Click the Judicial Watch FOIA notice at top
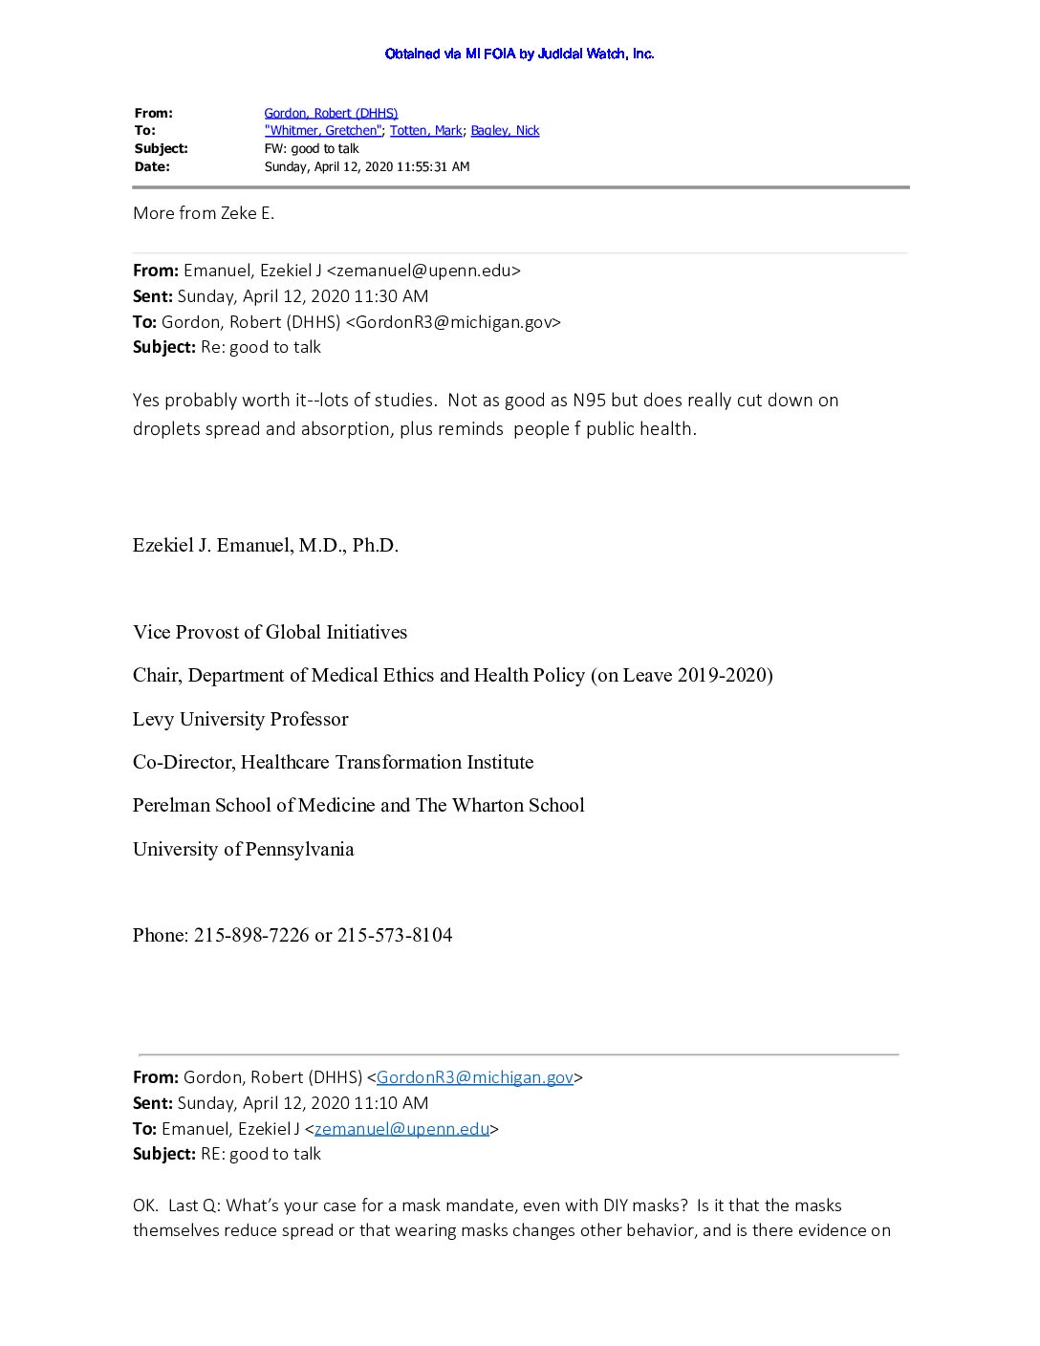(519, 54)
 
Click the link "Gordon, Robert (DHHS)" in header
(331, 113)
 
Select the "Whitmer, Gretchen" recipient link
(323, 131)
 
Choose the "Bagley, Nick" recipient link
(505, 131)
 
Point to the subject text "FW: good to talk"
(312, 149)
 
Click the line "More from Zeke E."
(204, 213)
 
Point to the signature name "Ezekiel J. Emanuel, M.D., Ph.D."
(266, 546)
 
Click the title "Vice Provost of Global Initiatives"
(270, 633)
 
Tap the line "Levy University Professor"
(240, 720)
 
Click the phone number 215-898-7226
(251, 936)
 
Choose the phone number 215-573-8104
(395, 936)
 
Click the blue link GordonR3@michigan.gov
(475, 1077)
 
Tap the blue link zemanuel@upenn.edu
(401, 1129)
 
